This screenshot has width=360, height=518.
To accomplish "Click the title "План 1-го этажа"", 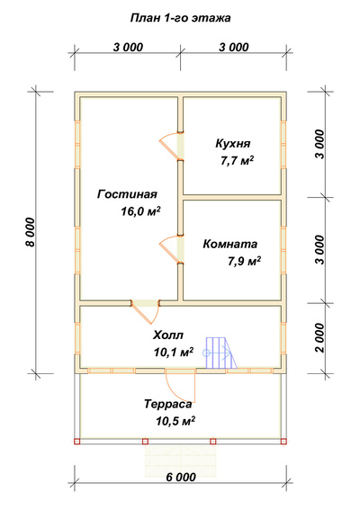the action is click(x=180, y=18).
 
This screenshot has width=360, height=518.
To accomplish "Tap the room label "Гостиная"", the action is click(x=127, y=194).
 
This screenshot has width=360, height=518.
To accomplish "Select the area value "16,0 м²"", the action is click(x=140, y=211).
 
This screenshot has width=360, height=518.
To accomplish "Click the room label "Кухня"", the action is click(x=233, y=143).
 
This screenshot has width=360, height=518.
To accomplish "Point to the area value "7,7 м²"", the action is click(x=237, y=161).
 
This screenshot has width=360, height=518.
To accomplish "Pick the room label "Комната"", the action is click(x=229, y=244).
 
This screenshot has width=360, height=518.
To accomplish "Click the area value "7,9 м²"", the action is click(x=244, y=262).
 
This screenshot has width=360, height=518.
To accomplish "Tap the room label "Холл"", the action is click(x=168, y=335).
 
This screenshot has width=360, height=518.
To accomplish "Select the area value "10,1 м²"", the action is click(x=174, y=353).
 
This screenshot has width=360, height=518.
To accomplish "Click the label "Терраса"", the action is click(x=168, y=404).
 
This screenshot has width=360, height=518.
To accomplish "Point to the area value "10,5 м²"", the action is click(x=175, y=421).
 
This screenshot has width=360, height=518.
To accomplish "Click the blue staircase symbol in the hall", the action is click(x=220, y=353).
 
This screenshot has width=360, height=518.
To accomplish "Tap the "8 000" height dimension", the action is click(x=30, y=232).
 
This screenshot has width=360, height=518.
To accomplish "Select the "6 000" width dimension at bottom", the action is click(x=181, y=477).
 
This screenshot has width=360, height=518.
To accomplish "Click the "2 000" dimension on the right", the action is click(x=320, y=338).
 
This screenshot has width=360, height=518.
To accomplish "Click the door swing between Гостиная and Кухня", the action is click(x=168, y=145).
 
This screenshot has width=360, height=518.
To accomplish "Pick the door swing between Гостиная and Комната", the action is click(x=168, y=248).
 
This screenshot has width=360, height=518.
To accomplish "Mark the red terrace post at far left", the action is click(x=77, y=441).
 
